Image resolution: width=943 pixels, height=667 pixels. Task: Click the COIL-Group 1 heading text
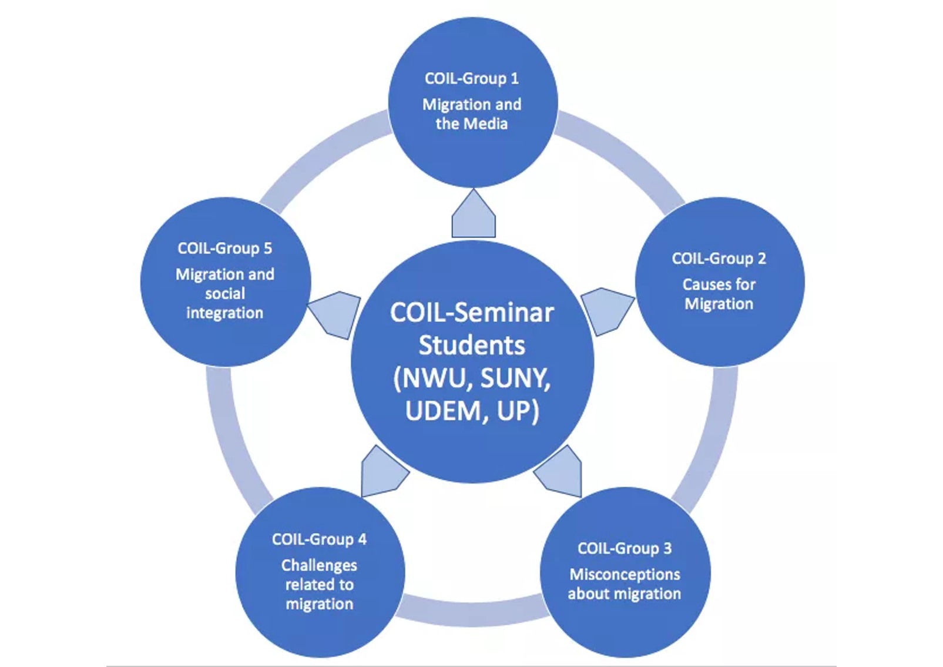[x=471, y=78]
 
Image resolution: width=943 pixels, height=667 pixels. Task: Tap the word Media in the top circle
[x=488, y=124]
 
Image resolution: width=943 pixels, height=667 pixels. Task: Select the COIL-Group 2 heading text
[x=719, y=259]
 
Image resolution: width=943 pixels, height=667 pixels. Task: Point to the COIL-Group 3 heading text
[x=624, y=548]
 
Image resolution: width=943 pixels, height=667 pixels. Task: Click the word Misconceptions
[x=625, y=574]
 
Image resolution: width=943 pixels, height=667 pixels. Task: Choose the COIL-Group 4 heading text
[x=319, y=539]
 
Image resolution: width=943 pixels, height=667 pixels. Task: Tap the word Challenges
[x=319, y=565]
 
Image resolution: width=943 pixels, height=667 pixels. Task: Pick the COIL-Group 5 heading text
[x=224, y=249]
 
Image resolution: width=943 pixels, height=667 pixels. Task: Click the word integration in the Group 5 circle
[x=224, y=313]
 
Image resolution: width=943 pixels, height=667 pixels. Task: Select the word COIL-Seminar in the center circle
[x=472, y=313]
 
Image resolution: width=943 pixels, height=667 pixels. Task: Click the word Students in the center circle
[x=472, y=346]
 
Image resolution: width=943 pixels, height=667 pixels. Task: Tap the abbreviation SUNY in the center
[x=515, y=378]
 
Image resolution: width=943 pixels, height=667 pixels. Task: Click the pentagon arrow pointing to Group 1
[x=473, y=216]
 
